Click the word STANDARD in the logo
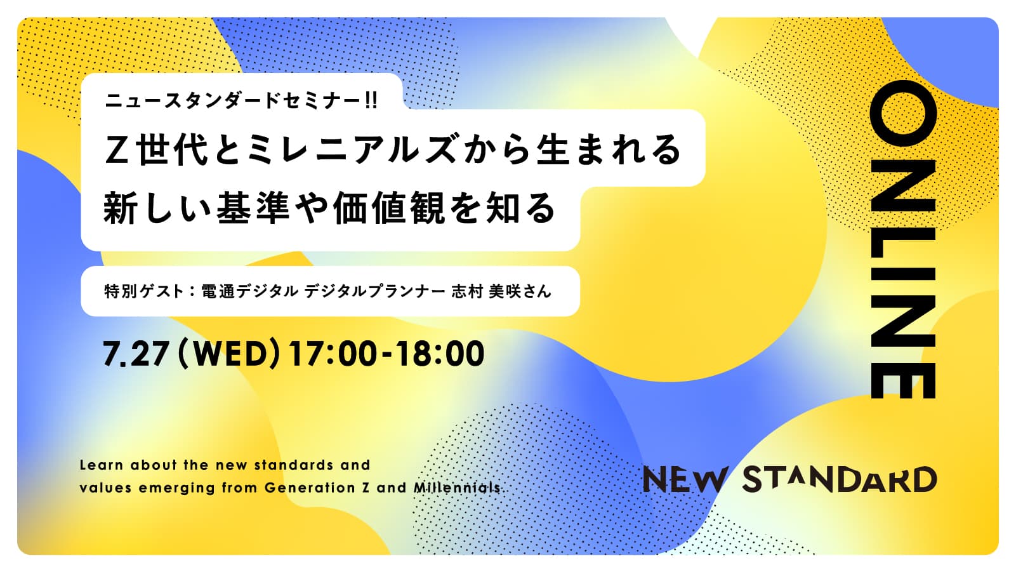pos(840,479)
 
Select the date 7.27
pos(136,354)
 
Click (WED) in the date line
pos(228,354)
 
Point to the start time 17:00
pos(333,354)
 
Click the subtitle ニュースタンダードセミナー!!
pos(241,100)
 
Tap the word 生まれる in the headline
pos(608,149)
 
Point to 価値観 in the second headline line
pos(388,208)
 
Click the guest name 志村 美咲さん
pos(501,291)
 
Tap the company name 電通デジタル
pos(250,291)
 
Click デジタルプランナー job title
pos(374,291)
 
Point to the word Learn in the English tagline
pos(102,465)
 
